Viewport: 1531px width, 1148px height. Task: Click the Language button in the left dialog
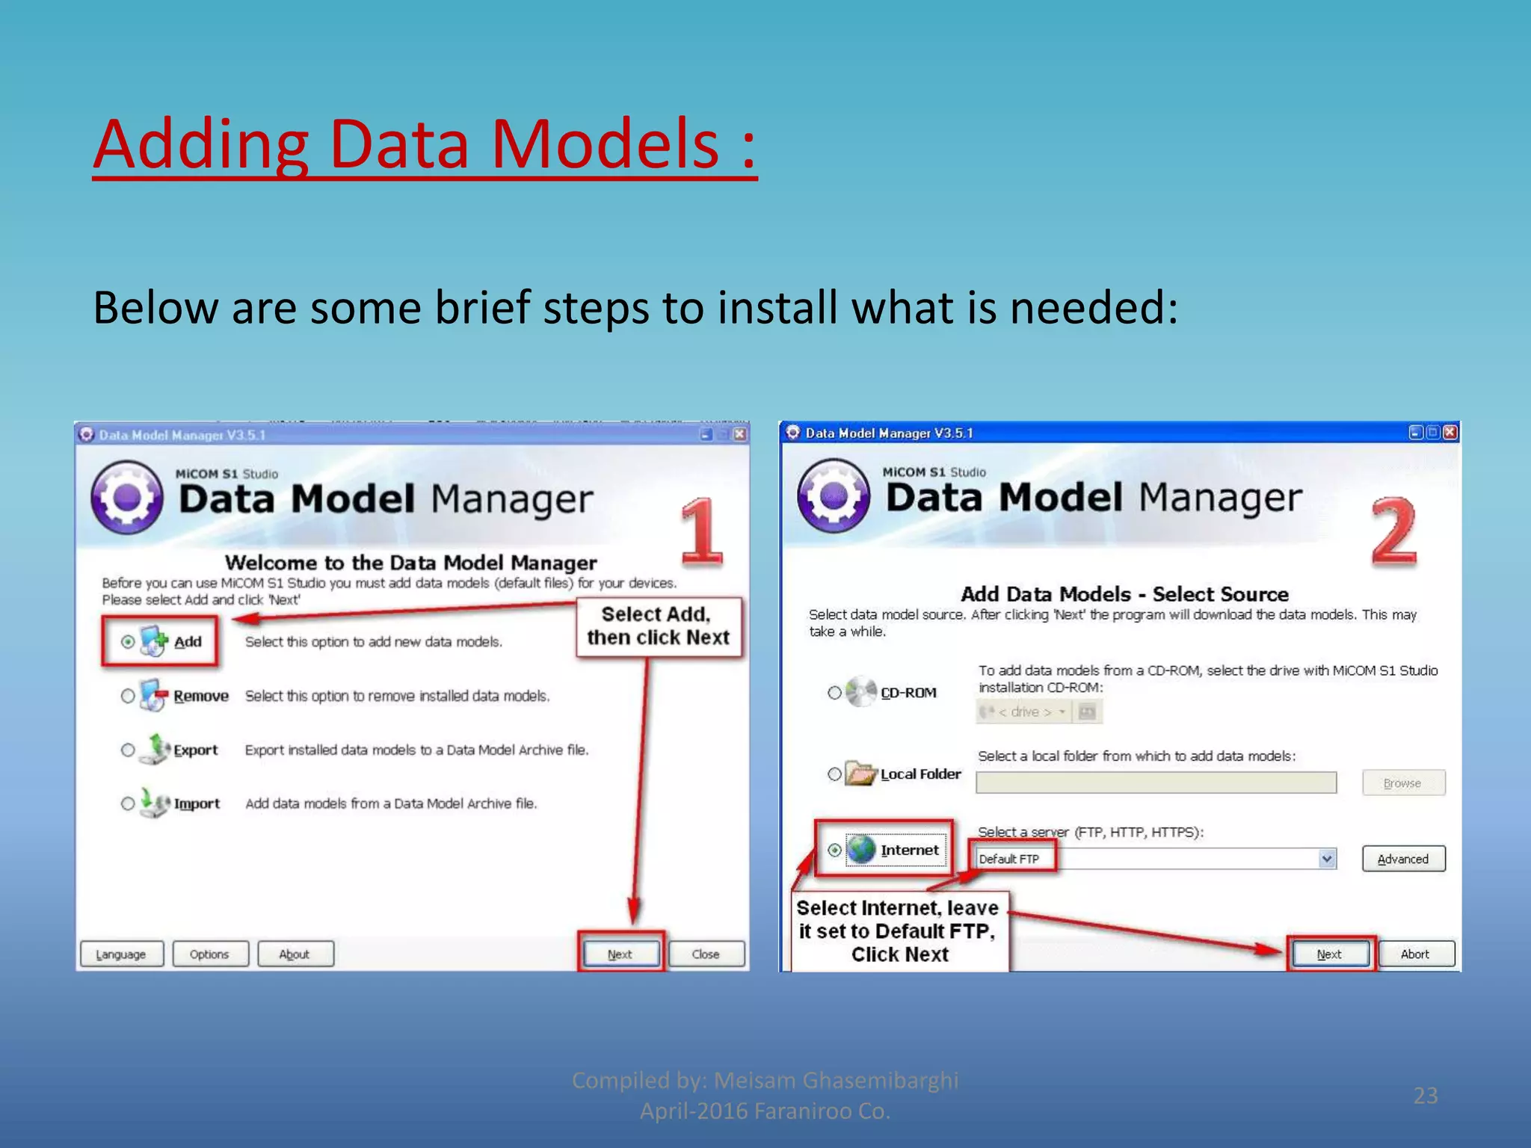[121, 954]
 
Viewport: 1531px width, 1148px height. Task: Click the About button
[295, 954]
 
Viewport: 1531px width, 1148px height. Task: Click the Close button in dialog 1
[706, 954]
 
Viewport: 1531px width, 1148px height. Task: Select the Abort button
[1414, 954]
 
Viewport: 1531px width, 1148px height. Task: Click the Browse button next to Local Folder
[1402, 783]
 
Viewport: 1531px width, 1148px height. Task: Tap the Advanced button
[1402, 860]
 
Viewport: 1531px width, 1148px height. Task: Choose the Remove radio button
[128, 696]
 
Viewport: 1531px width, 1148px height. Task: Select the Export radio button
[128, 750]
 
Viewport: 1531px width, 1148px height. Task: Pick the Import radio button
[128, 803]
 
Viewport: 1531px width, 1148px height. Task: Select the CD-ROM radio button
[834, 693]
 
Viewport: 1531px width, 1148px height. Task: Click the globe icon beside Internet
[861, 850]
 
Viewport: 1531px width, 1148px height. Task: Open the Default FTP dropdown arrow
[1326, 859]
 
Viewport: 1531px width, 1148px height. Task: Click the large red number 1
[701, 532]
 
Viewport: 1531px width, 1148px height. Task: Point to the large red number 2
[1393, 532]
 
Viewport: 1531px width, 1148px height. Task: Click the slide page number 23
[1426, 1096]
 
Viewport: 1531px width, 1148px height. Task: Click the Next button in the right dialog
[1329, 954]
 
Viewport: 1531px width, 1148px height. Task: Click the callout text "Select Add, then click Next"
[658, 626]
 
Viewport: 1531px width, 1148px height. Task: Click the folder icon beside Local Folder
[861, 774]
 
